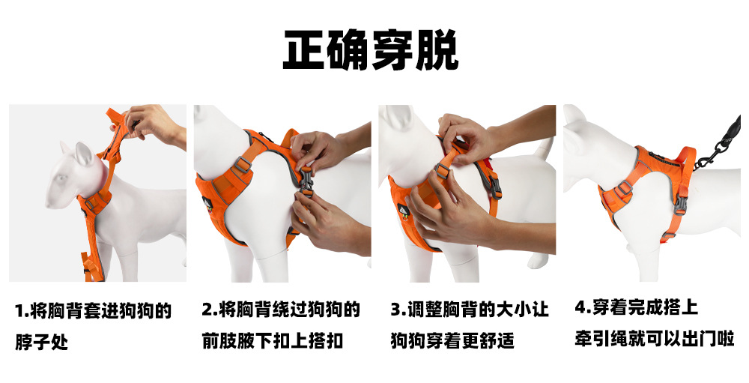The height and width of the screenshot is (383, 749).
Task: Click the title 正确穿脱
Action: [371, 50]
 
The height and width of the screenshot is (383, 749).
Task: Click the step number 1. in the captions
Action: [22, 311]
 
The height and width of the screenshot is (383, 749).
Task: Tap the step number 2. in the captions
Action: [210, 310]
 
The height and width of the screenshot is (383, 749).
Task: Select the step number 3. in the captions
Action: [398, 310]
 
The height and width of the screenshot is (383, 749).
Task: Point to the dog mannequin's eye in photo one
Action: [61, 179]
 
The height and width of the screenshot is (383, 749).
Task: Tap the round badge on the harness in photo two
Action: [207, 203]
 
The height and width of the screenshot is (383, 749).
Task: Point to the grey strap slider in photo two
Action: [242, 165]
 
